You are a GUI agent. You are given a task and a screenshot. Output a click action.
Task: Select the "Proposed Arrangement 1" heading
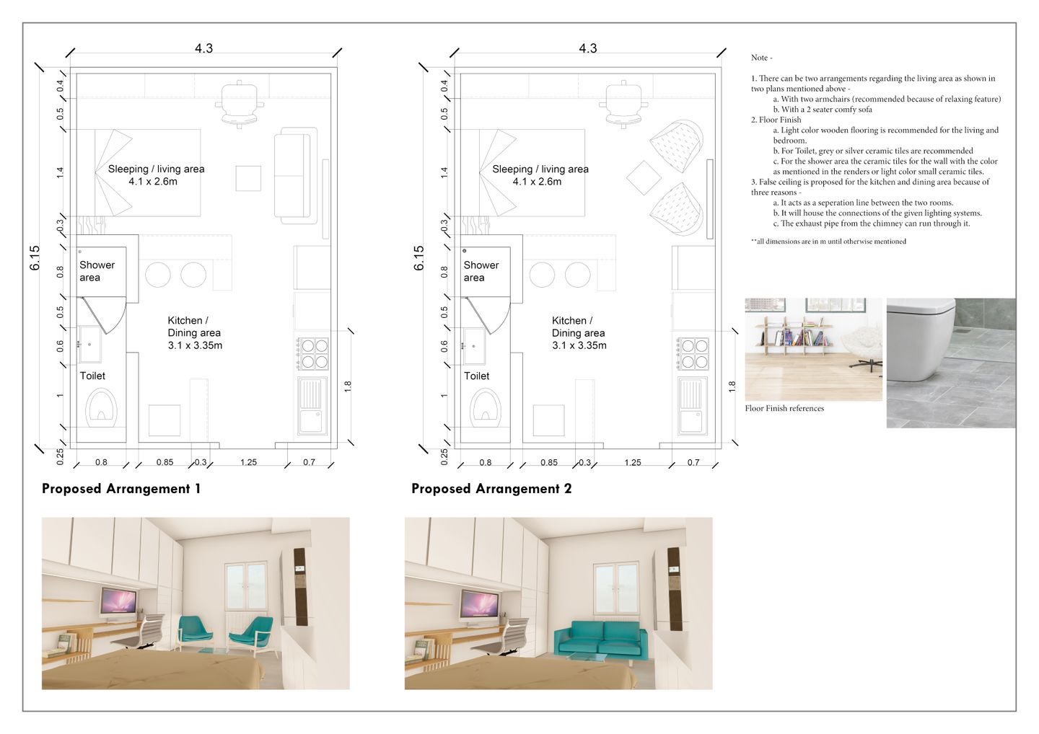pos(121,489)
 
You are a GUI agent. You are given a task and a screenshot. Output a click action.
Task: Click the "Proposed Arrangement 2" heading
pos(491,489)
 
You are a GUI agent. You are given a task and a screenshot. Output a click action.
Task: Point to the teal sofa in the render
pos(600,639)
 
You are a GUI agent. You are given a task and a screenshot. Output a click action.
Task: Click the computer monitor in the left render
pos(118,602)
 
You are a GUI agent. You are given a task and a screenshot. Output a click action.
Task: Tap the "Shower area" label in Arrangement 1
pos(97,271)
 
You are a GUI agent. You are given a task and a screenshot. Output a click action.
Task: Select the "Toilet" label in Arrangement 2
pos(476,376)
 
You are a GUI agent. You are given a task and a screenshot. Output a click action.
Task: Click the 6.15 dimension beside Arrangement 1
pos(35,258)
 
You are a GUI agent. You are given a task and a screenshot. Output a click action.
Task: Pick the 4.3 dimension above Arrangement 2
pos(587,48)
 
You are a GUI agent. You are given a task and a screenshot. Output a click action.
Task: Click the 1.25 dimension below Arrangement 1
pos(248,462)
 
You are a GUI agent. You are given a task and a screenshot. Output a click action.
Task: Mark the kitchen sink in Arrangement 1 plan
pos(312,406)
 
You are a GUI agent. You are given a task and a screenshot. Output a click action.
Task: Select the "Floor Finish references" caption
pos(784,408)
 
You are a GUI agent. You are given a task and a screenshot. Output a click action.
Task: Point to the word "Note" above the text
pos(759,58)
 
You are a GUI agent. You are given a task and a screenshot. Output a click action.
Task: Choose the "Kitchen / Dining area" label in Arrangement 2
pos(579,332)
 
